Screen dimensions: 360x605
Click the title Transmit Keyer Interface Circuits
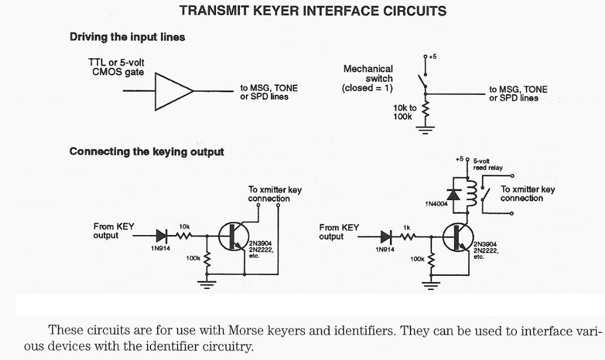[x=313, y=11]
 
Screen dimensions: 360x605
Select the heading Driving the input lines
[x=127, y=37]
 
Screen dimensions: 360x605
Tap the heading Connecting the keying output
[x=146, y=151]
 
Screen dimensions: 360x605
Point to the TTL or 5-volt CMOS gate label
[x=118, y=68]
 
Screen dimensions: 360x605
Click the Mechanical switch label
[x=368, y=78]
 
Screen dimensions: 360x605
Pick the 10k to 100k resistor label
[x=405, y=112]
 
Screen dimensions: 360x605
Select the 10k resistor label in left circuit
[x=184, y=226]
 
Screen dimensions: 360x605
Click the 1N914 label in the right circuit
[x=386, y=249]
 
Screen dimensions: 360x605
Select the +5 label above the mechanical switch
[x=433, y=57]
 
